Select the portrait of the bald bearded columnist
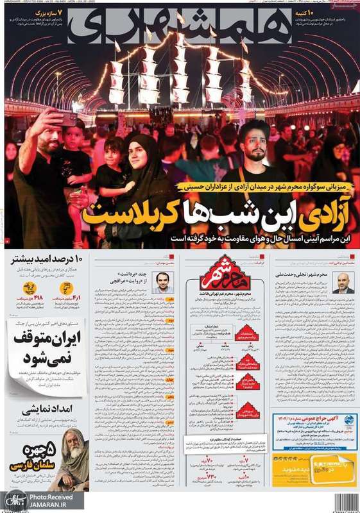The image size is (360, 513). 343,283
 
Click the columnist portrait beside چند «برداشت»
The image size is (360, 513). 163,283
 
